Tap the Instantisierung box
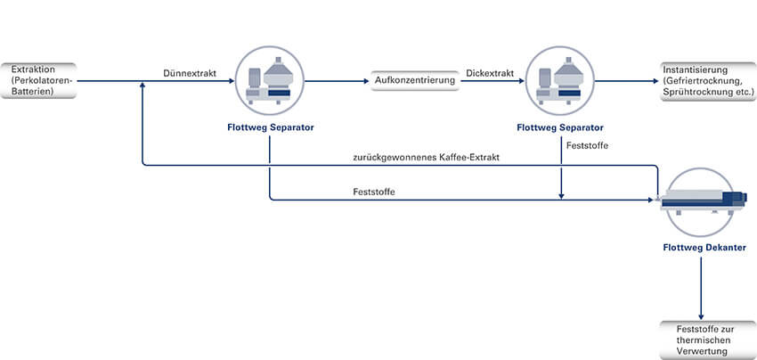(x=704, y=81)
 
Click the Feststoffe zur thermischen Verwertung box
(x=704, y=340)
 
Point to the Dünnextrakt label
(x=191, y=73)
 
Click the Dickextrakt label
(x=490, y=73)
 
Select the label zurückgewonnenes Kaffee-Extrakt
(x=425, y=158)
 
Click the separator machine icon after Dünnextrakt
(x=269, y=81)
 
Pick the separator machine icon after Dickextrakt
(x=561, y=81)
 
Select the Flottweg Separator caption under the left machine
(x=269, y=127)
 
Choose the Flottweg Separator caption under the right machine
(x=561, y=127)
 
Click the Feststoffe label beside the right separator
(x=586, y=144)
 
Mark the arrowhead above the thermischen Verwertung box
(x=703, y=315)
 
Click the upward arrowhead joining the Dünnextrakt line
(x=142, y=86)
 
